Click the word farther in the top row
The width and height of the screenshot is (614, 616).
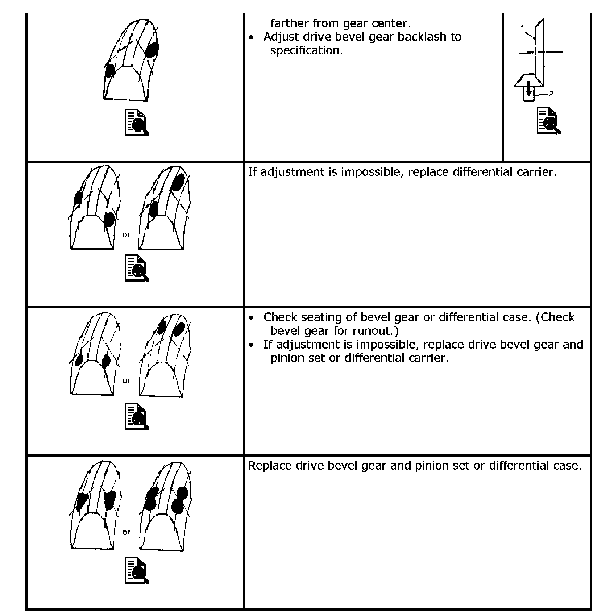point(289,23)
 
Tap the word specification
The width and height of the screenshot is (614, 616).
point(306,50)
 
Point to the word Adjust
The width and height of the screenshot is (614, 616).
point(281,37)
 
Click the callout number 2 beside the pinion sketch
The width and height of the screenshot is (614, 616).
point(551,94)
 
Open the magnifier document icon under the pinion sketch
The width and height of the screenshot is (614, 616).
point(549,121)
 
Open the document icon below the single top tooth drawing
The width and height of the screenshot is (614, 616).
point(137,122)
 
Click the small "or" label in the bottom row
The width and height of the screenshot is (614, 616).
point(126,532)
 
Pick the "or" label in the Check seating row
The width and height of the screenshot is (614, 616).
point(126,380)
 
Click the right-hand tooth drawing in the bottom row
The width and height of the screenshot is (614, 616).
point(165,507)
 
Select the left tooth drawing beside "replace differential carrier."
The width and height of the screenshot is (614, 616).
point(95,208)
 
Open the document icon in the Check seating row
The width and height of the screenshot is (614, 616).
point(137,416)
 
